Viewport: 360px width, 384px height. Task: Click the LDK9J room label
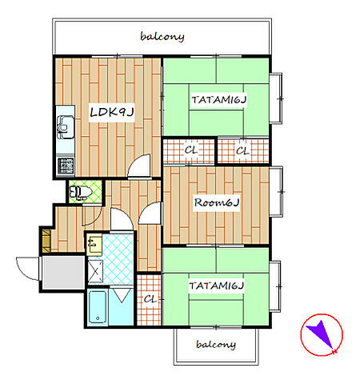[x=111, y=112]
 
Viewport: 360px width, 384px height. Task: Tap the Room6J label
[x=217, y=202]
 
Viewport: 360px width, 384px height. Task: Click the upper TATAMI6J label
[x=219, y=100]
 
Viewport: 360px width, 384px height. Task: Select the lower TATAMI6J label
[x=217, y=286]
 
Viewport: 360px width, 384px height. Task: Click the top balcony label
[x=162, y=37]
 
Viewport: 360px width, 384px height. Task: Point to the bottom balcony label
[x=216, y=345]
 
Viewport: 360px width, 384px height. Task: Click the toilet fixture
[x=80, y=192]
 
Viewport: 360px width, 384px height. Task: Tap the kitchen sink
[x=66, y=127]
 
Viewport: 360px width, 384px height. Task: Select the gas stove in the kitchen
[x=66, y=166]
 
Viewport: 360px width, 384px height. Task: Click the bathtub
[x=98, y=306]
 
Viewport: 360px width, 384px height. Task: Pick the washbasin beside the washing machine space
[x=94, y=244]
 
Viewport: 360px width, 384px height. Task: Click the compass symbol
[x=322, y=334]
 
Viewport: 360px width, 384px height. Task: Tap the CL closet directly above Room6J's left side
[x=189, y=151]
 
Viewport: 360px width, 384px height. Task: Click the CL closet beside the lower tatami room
[x=150, y=300]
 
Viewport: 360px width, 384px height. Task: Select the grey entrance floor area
[x=64, y=273]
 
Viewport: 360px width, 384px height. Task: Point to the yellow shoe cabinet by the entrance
[x=46, y=241]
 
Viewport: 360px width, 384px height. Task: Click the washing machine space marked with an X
[x=95, y=271]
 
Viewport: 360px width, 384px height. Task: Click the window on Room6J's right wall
[x=277, y=191]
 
